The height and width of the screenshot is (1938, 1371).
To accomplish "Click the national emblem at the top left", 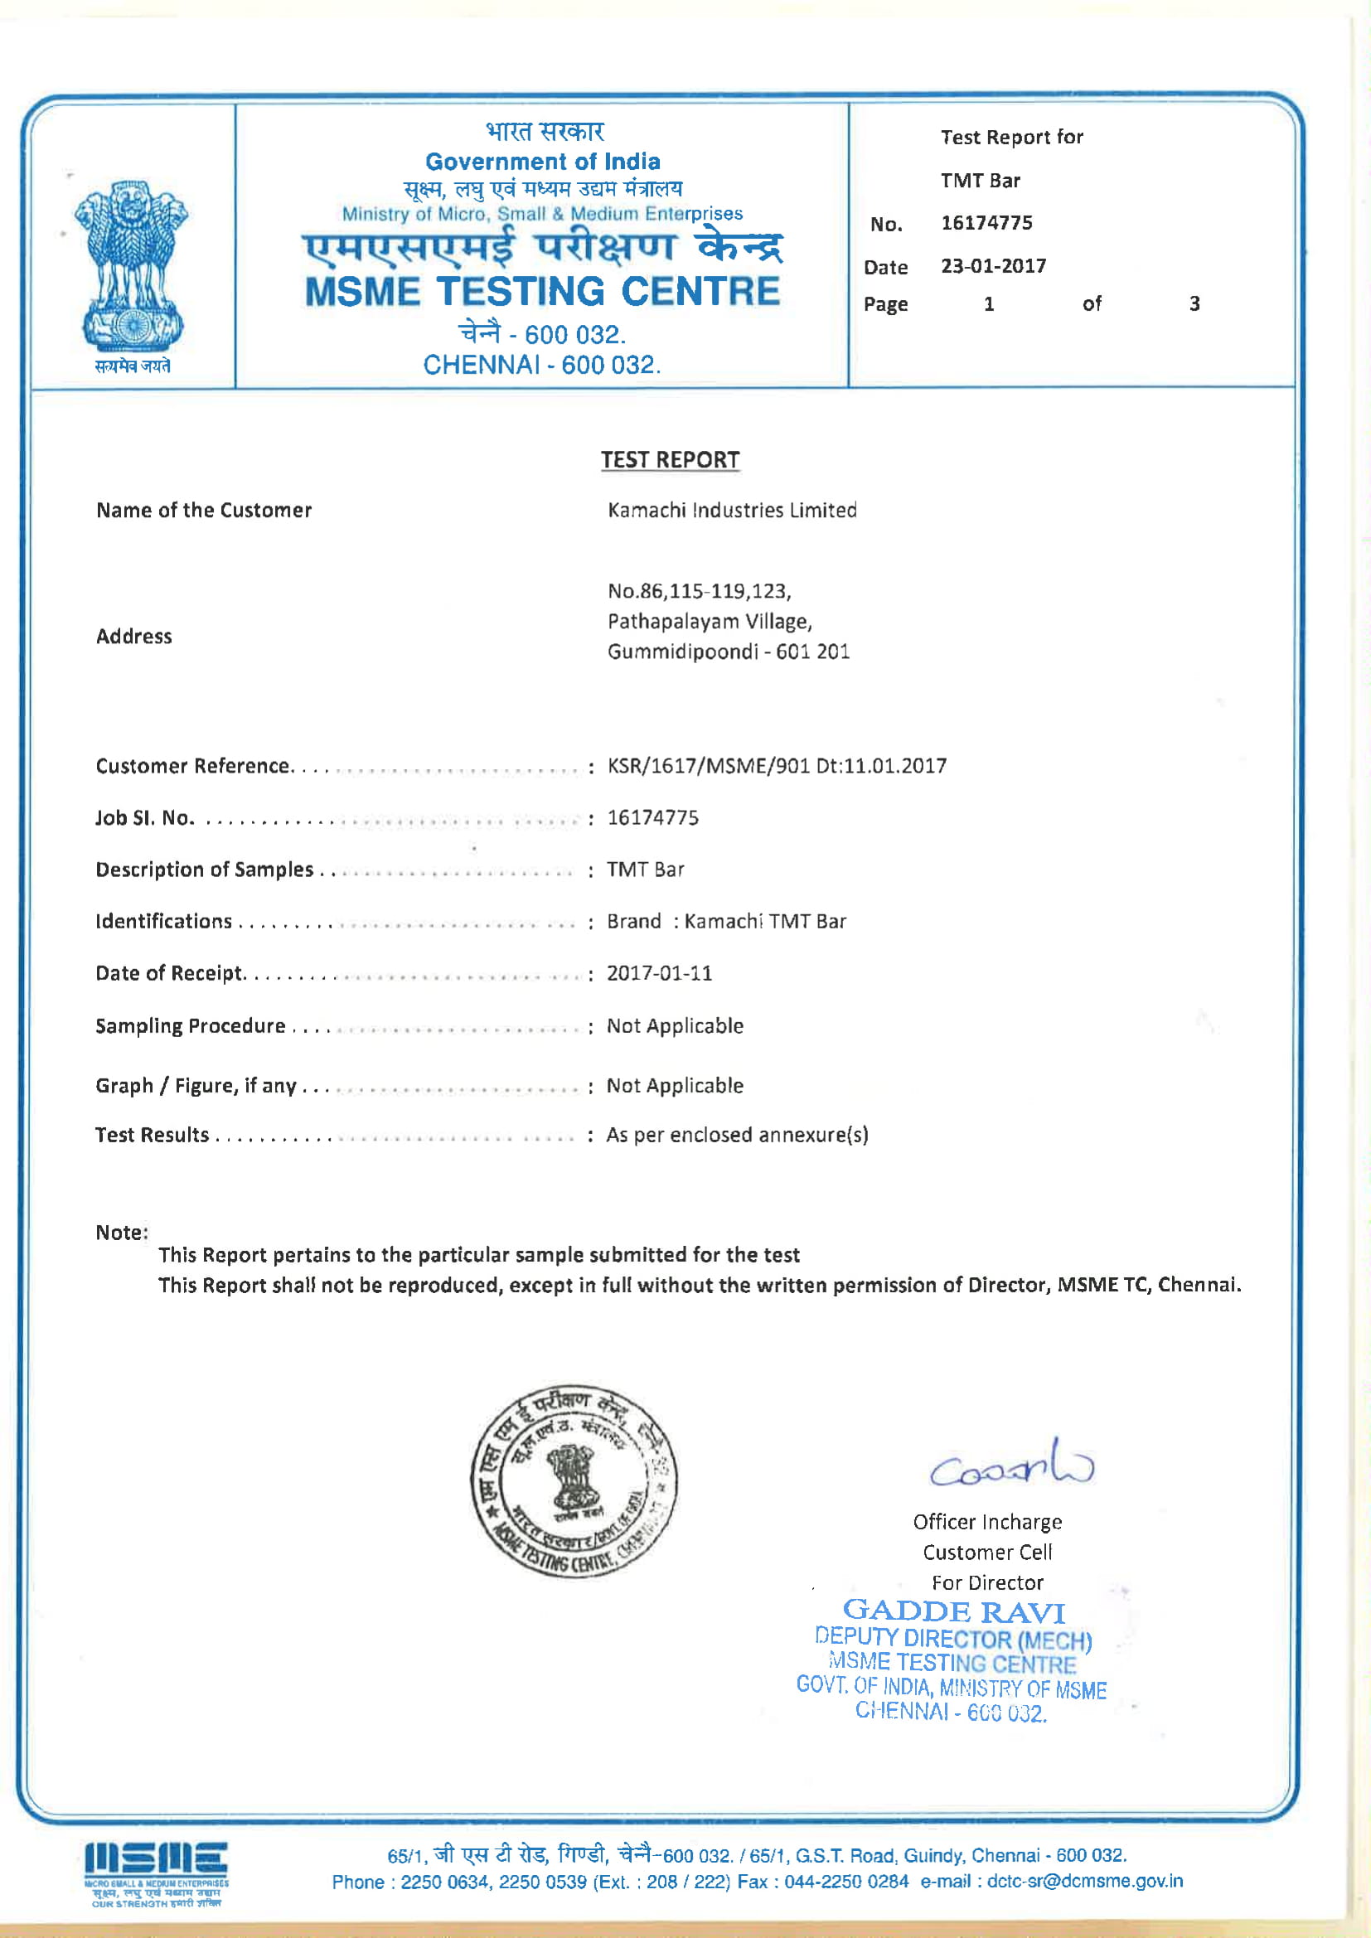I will (x=132, y=265).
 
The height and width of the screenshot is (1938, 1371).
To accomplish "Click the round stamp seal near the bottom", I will (x=574, y=1480).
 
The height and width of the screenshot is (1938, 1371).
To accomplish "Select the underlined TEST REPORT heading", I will (x=670, y=460).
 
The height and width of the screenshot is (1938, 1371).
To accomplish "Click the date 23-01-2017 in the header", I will (x=993, y=266).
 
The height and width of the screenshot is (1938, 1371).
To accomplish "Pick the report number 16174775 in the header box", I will (x=986, y=223).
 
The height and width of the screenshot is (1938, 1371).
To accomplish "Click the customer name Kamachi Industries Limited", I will (x=732, y=510).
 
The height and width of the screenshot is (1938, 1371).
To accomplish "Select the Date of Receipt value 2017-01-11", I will (x=659, y=973).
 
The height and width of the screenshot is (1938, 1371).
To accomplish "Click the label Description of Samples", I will (x=203, y=870).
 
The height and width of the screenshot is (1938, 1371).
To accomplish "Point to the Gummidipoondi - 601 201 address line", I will (x=728, y=652).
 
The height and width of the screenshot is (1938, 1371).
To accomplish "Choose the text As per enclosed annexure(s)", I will (x=737, y=1135).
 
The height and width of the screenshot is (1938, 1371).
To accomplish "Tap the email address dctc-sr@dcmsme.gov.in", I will (x=1085, y=1881).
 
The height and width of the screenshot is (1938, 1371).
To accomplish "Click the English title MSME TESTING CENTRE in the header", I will (x=542, y=291).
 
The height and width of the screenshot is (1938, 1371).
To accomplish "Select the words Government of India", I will (x=542, y=161).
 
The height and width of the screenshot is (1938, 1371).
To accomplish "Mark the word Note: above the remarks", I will (x=122, y=1233).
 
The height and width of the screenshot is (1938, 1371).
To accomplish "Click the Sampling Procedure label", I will (x=190, y=1025).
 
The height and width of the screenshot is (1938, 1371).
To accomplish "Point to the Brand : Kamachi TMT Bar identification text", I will (x=726, y=921).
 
